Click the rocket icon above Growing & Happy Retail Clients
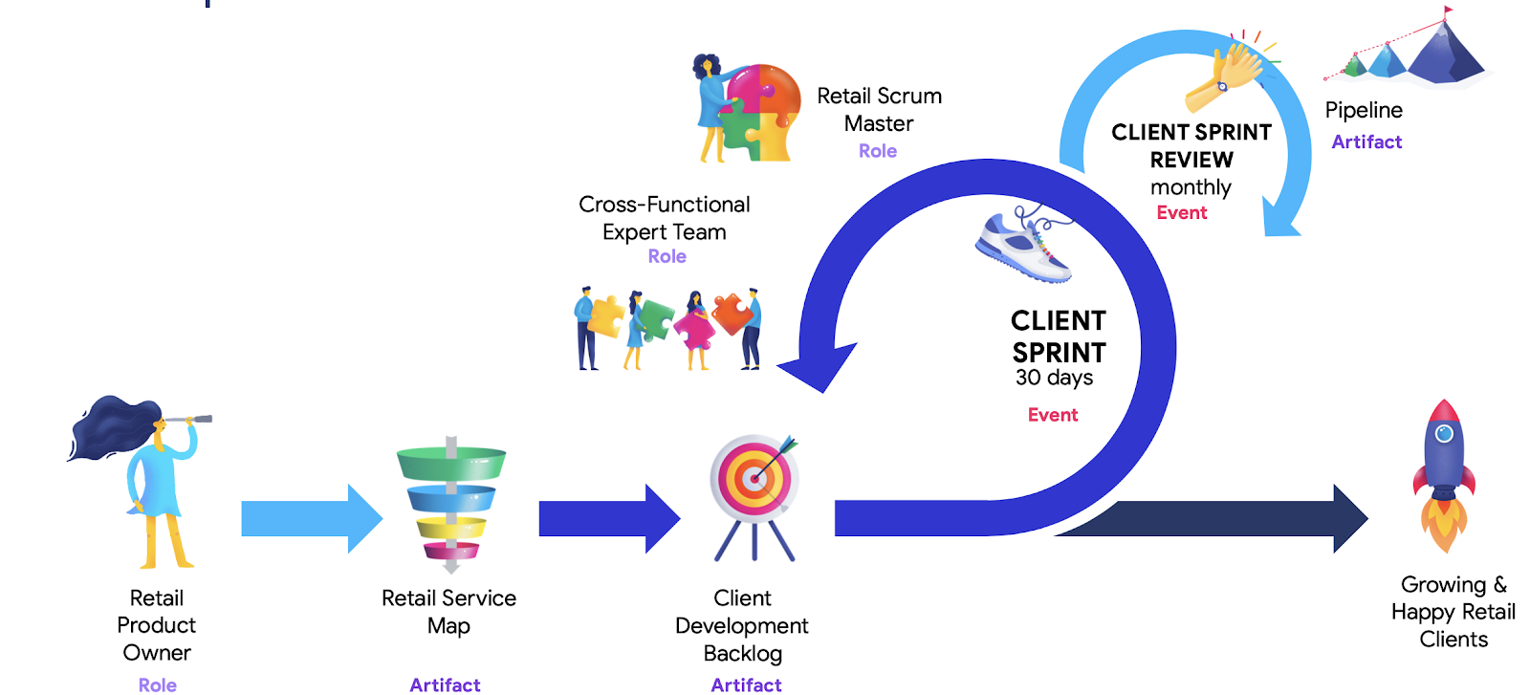coord(1444,473)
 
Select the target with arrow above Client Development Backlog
coord(754,478)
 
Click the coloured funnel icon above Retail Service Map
coord(451,502)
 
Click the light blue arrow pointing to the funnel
coord(312,518)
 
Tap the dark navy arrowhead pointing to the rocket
coord(1349,518)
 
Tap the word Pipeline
coord(1364,111)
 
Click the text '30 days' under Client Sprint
coord(1054,378)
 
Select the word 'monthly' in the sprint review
coord(1191,187)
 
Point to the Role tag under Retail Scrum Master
coord(878,151)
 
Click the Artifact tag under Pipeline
coord(1366,142)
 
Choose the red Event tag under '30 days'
coord(1053,415)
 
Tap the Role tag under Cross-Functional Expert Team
coord(667,256)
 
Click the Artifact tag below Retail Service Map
coord(445,684)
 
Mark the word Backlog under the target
coord(743,654)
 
